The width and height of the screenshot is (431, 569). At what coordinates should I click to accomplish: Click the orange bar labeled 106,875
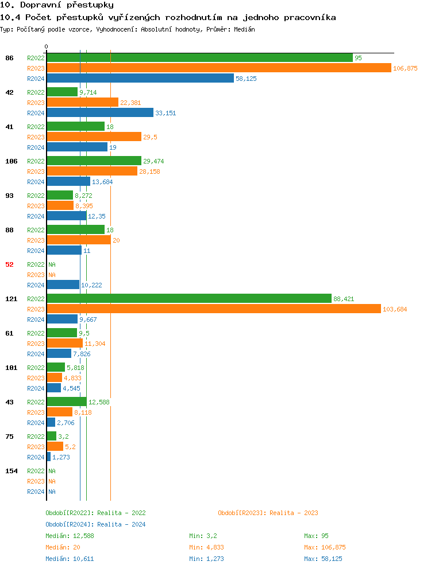(x=218, y=68)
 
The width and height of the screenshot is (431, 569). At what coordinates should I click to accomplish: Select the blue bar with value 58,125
(x=140, y=79)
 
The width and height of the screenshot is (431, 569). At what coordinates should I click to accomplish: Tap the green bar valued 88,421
(x=189, y=299)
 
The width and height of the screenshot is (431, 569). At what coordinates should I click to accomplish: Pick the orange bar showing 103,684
(x=214, y=309)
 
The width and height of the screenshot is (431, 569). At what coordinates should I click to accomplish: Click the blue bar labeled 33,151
(x=100, y=113)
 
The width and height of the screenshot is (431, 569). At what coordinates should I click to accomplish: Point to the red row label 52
(x=9, y=264)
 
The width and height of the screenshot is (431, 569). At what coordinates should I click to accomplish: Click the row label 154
(x=11, y=471)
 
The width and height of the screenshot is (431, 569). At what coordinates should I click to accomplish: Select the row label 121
(x=11, y=299)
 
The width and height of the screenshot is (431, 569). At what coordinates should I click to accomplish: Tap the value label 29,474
(x=153, y=161)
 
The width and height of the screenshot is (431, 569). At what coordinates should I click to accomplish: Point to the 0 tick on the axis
(x=47, y=47)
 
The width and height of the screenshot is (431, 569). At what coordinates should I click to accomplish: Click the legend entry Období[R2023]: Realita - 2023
(x=268, y=513)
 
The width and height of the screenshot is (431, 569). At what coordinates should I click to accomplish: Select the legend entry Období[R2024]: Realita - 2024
(x=95, y=524)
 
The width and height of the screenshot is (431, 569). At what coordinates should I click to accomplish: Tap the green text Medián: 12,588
(x=70, y=536)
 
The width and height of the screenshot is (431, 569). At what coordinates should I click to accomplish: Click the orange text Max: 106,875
(x=325, y=547)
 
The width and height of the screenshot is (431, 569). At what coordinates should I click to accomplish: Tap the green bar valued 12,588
(x=67, y=402)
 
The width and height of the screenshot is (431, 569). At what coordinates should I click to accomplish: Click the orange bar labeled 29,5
(x=94, y=137)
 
